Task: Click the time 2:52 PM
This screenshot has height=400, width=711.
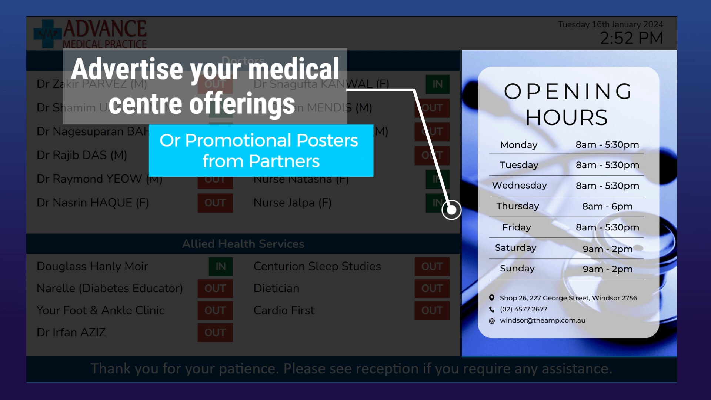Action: point(631,38)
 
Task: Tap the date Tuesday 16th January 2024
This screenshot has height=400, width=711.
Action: point(610,24)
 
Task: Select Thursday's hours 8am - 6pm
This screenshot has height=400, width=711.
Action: point(607,206)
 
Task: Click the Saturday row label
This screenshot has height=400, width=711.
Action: point(515,248)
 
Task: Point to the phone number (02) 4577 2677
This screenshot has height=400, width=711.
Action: point(523,309)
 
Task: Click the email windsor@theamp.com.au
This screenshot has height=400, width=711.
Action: point(542,320)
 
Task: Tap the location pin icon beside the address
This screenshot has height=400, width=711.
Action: point(492,298)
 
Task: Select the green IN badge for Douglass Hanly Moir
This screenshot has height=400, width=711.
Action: point(220,266)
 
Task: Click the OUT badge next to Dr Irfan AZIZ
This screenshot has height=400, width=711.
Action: point(215,332)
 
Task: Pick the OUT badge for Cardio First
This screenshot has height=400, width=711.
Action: point(432,310)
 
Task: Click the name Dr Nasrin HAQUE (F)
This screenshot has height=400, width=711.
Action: point(93,203)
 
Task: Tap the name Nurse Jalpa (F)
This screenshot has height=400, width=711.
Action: point(292,203)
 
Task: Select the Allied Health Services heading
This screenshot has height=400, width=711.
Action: point(243,244)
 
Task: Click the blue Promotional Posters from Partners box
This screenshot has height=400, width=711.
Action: point(261,151)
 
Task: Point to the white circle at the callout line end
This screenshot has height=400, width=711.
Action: point(451,210)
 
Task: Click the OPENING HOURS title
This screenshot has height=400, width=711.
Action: point(568,104)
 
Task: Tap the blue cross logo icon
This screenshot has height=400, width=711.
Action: point(47,34)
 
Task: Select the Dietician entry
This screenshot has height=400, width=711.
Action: point(276,288)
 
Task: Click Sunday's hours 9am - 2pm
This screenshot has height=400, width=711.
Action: point(607,269)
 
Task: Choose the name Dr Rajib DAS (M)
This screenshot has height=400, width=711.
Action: point(81,155)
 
